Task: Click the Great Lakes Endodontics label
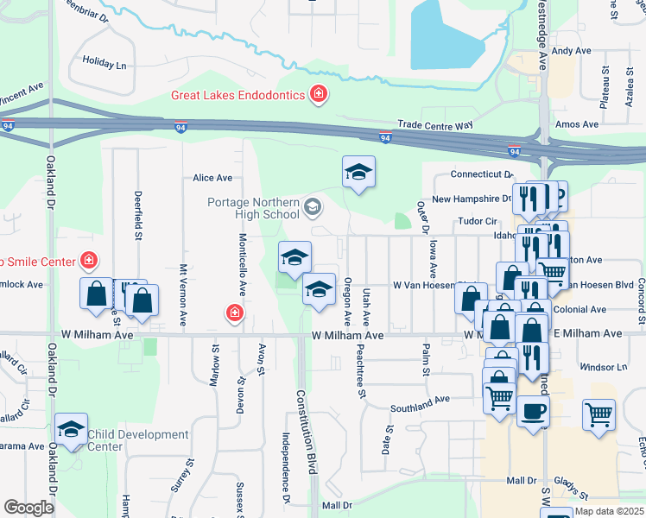coord(237,95)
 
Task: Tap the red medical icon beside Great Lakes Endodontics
coord(319,93)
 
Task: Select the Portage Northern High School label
coord(253,208)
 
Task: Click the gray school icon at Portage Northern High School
coord(312,207)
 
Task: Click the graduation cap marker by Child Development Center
coord(72,429)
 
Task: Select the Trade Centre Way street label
coord(435,125)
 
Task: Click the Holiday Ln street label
coord(104,64)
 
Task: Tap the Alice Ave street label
coord(212,178)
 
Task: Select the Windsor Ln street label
coord(604,367)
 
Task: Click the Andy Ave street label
coord(571,52)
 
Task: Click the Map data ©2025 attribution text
coord(609,511)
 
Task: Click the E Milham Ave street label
coord(587,333)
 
